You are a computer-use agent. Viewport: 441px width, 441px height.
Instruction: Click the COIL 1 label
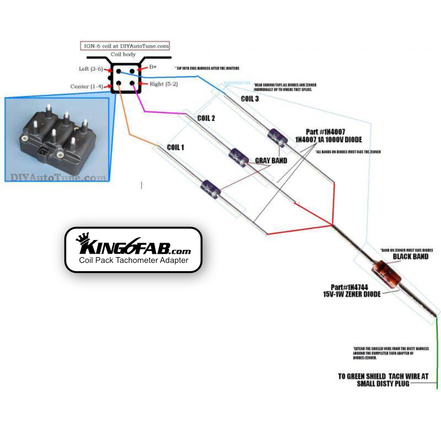coord(176,147)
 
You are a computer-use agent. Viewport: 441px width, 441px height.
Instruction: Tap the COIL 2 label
coord(206,118)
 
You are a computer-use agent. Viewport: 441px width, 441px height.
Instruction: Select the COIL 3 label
coord(250,99)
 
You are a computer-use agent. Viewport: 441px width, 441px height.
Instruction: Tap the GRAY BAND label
coord(271,161)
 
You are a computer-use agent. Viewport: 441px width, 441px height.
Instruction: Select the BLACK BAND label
coord(410,257)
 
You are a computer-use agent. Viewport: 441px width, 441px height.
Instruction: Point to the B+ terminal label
coord(153,67)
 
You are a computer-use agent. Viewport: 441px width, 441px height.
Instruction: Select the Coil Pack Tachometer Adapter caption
coord(134,260)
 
